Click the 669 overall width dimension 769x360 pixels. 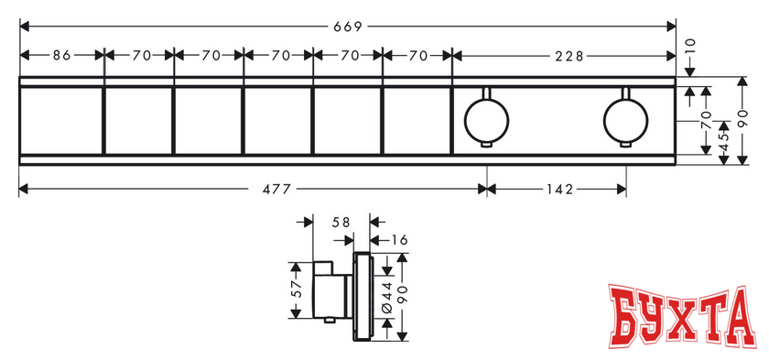(x=347, y=27)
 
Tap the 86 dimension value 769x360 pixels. (x=62, y=56)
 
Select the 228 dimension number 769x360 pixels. (x=569, y=57)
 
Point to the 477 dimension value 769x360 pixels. (x=277, y=189)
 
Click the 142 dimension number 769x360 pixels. (x=559, y=189)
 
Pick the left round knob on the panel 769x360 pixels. (x=486, y=120)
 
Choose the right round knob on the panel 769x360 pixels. (x=625, y=120)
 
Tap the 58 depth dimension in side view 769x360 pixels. (x=341, y=223)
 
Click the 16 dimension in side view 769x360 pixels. (x=400, y=240)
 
